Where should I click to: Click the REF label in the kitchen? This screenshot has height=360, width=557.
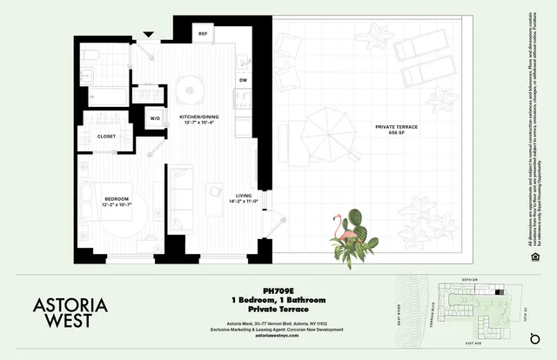coord(203,34)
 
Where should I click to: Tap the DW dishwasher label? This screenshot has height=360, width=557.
coord(243,81)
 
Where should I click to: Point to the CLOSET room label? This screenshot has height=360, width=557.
coord(107,137)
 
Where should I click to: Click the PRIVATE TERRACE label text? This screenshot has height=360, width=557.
coord(396,127)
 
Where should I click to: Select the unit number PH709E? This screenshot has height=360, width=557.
coord(277,292)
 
